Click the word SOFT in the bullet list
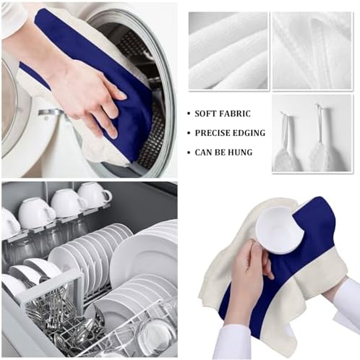[205, 113]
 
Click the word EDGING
[249, 133]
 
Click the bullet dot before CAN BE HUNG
[189, 153]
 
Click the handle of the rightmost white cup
[107, 197]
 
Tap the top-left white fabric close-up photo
[228, 51]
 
